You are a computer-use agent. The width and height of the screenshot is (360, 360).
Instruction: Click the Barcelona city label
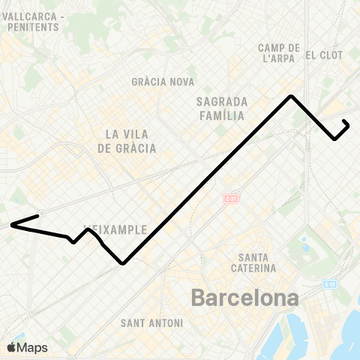(x=244, y=298)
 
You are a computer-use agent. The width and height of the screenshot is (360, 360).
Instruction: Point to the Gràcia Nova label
(x=163, y=82)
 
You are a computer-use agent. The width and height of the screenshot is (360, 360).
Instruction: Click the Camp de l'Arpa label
(x=279, y=53)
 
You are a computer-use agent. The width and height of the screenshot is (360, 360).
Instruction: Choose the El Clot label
(x=324, y=55)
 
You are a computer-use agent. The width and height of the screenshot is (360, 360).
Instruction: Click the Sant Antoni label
(x=151, y=323)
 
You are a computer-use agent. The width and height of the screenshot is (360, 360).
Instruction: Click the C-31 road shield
(x=230, y=199)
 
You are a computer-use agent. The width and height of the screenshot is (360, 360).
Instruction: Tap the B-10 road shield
(x=330, y=283)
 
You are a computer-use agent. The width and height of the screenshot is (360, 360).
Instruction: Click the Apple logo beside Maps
(x=11, y=347)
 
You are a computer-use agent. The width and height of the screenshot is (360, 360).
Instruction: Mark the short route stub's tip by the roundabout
(x=38, y=216)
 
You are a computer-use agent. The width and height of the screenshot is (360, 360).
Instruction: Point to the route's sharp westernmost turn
(x=11, y=224)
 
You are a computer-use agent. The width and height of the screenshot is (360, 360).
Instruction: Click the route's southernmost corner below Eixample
(x=122, y=263)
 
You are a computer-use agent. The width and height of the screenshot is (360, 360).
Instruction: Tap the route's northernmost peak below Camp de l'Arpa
(x=291, y=96)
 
